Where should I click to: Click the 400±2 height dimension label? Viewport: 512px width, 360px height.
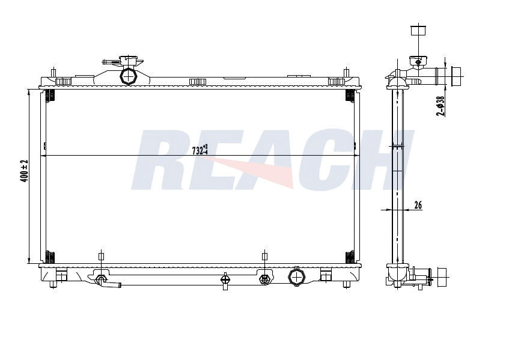pyautogui.click(x=25, y=171)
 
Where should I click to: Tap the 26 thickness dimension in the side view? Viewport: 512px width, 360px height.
pyautogui.click(x=418, y=205)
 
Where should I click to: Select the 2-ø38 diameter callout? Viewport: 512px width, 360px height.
pyautogui.click(x=440, y=106)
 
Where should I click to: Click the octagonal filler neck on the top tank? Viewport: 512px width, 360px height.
pyautogui.click(x=129, y=76)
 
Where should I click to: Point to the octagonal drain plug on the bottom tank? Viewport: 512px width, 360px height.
pyautogui.click(x=296, y=277)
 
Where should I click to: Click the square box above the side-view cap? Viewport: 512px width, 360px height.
pyautogui.click(x=418, y=31)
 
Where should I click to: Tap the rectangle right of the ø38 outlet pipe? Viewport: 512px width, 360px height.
pyautogui.click(x=456, y=76)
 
